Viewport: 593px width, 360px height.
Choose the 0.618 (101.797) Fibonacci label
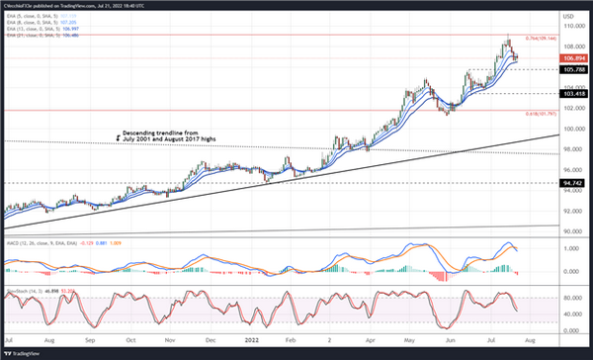point(530,113)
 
